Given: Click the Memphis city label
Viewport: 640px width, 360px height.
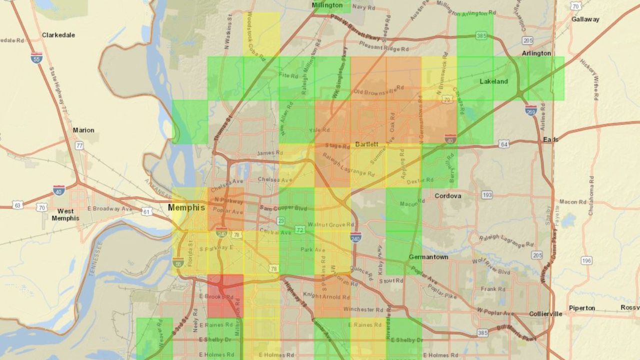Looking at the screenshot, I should pyautogui.click(x=186, y=207).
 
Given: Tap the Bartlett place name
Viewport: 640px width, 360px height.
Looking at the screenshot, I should pyautogui.click(x=367, y=144).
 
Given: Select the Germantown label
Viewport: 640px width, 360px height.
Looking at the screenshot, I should pyautogui.click(x=428, y=257).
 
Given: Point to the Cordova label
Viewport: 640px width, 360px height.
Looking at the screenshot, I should pyautogui.click(x=448, y=195).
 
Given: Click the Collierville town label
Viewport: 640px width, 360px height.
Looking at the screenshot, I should pyautogui.click(x=545, y=314).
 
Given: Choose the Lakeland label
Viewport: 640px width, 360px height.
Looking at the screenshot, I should pyautogui.click(x=493, y=81).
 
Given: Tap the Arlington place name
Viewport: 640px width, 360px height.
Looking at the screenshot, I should pyautogui.click(x=536, y=53).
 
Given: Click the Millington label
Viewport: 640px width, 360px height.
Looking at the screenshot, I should pyautogui.click(x=327, y=5).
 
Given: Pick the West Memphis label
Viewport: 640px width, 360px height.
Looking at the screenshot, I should pyautogui.click(x=65, y=214).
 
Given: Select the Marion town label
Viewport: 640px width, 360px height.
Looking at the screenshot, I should pyautogui.click(x=83, y=130).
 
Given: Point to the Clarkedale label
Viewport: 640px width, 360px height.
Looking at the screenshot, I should pyautogui.click(x=58, y=35).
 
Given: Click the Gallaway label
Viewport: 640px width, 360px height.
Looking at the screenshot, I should pyautogui.click(x=585, y=19).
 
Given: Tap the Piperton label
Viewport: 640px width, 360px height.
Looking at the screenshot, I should pyautogui.click(x=582, y=308).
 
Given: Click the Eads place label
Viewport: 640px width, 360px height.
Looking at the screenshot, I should pyautogui.click(x=550, y=139).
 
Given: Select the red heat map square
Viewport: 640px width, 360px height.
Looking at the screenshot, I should pyautogui.click(x=225, y=296).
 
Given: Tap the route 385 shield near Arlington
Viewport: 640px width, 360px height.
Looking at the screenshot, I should pyautogui.click(x=481, y=36).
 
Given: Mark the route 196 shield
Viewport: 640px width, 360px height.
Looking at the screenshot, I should pyautogui.click(x=586, y=260).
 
